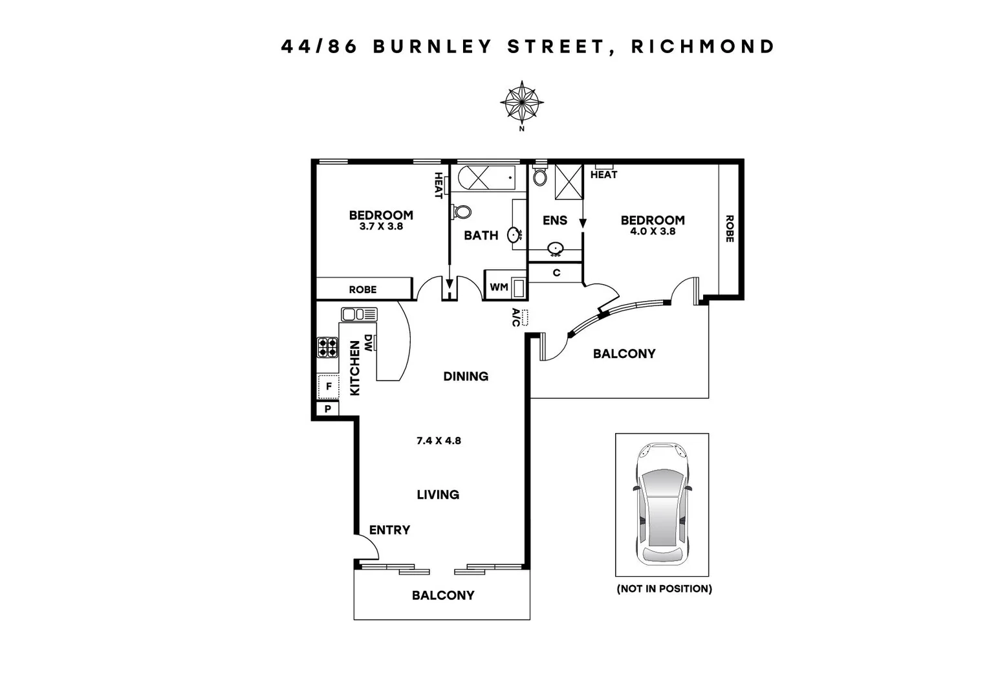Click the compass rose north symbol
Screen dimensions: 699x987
(x=521, y=102)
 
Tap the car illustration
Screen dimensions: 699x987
(x=662, y=504)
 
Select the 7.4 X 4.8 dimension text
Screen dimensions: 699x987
(x=439, y=441)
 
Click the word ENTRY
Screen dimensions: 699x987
(x=389, y=530)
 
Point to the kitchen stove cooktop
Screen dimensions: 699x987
(x=327, y=348)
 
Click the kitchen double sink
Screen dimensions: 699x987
(x=359, y=315)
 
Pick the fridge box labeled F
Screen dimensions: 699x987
(x=329, y=387)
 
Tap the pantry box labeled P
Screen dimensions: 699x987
(x=328, y=409)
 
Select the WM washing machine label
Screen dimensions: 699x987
(x=499, y=287)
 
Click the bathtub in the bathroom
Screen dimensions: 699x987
(x=486, y=177)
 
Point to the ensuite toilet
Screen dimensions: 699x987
(x=540, y=176)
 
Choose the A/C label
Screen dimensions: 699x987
(x=516, y=317)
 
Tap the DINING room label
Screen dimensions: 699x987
(x=466, y=376)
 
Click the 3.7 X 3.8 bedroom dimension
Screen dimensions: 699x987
(x=381, y=227)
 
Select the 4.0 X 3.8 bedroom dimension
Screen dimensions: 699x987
(x=653, y=231)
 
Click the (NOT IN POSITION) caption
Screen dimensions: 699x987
(x=664, y=589)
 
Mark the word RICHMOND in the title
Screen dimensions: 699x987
(x=703, y=47)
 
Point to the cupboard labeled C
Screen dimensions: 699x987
(x=556, y=273)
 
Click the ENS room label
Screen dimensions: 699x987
(x=555, y=221)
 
